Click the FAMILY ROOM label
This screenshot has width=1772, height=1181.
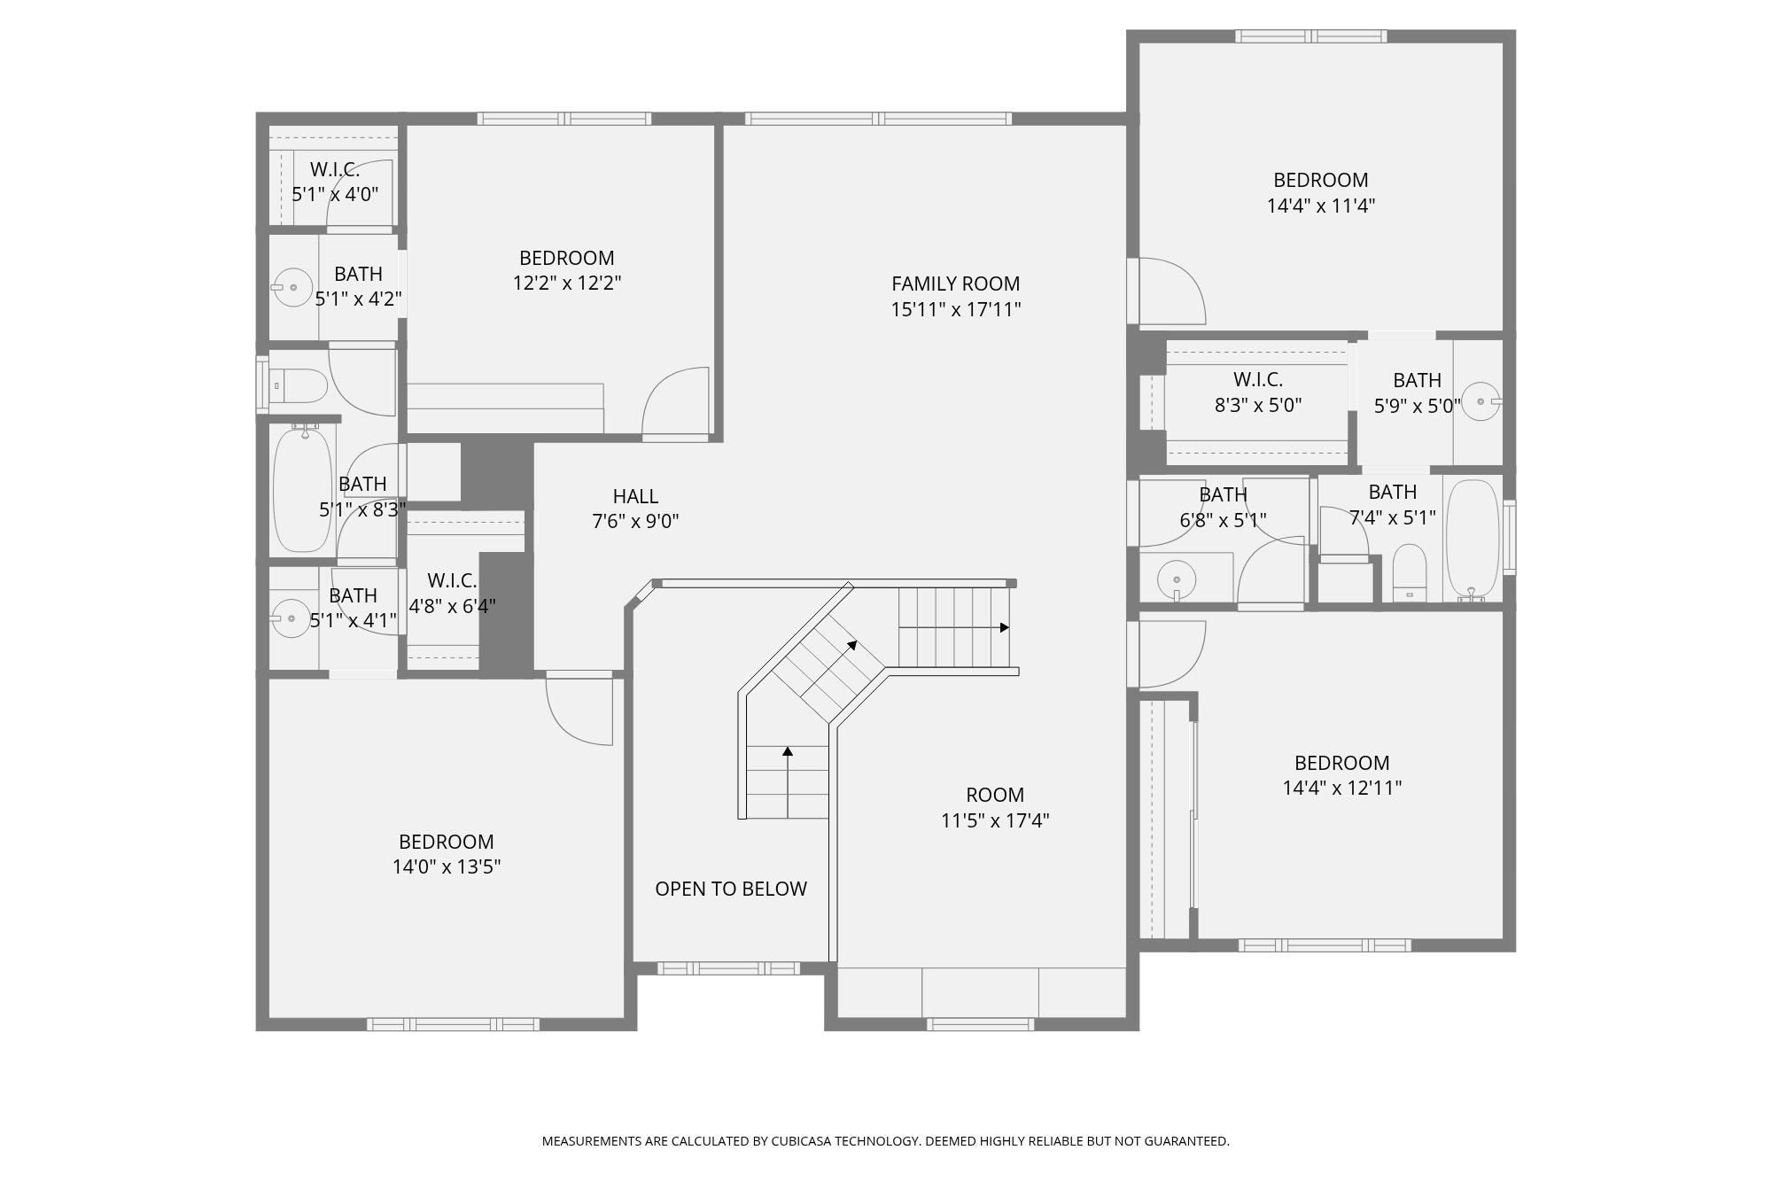click(955, 284)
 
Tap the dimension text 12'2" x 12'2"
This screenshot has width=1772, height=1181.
click(566, 284)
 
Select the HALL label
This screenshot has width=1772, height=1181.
click(635, 496)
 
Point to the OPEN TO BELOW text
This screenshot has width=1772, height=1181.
click(730, 889)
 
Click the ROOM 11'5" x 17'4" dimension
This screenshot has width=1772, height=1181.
click(994, 820)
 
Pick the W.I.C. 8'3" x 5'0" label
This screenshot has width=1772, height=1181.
click(1257, 392)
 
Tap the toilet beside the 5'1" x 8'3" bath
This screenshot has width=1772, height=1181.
click(299, 386)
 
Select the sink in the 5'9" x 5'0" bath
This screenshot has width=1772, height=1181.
click(1481, 402)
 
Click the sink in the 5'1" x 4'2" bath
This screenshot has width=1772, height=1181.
click(291, 288)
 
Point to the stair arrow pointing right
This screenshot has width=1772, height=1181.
click(1004, 627)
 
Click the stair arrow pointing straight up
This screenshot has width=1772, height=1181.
click(787, 752)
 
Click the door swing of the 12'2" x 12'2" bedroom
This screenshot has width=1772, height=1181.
click(676, 403)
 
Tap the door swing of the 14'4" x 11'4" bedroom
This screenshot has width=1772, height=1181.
click(1170, 291)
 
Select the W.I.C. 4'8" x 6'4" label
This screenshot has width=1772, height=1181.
click(452, 593)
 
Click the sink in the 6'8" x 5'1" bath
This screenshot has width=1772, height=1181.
click(1176, 580)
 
